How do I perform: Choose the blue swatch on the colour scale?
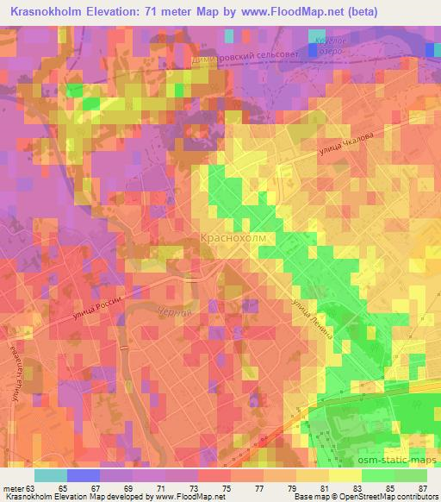[82, 475]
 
